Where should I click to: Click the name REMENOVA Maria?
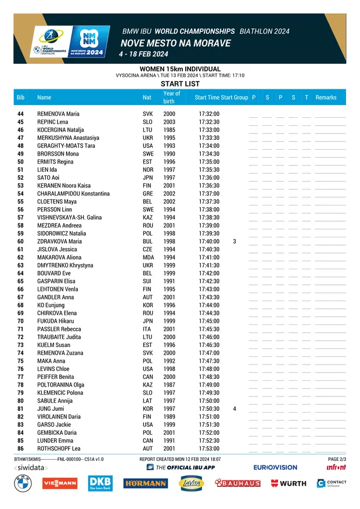click(58, 114)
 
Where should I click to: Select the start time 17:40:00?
click(208, 241)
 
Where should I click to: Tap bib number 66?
click(20, 289)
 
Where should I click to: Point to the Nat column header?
click(147, 98)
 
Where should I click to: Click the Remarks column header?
click(326, 98)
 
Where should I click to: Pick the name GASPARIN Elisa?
click(56, 281)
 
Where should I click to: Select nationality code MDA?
click(149, 257)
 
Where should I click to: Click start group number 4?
click(235, 409)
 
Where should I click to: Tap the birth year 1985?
click(169, 130)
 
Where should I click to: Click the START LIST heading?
click(180, 84)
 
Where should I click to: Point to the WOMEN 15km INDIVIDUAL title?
click(180, 69)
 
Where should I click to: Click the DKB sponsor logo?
click(100, 483)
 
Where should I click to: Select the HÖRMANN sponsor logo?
click(145, 483)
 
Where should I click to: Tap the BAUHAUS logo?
click(237, 483)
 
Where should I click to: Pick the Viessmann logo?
click(59, 483)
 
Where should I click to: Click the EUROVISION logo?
click(275, 467)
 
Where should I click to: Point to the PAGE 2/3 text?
click(337, 459)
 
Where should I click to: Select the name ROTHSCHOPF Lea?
click(59, 449)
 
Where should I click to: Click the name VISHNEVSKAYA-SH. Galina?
click(69, 217)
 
